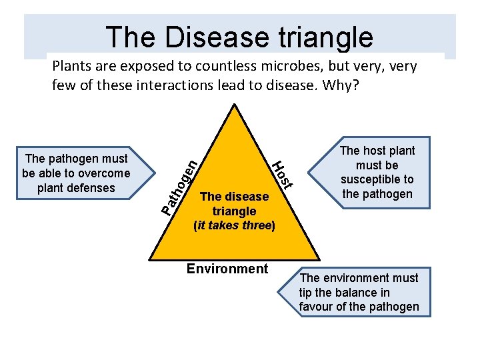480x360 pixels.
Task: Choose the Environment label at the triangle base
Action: click(x=227, y=269)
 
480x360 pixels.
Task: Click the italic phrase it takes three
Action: click(x=233, y=225)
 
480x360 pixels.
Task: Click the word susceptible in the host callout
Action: click(x=377, y=179)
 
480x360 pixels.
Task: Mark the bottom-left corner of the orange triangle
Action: click(x=147, y=260)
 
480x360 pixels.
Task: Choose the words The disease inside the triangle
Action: click(x=234, y=197)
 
